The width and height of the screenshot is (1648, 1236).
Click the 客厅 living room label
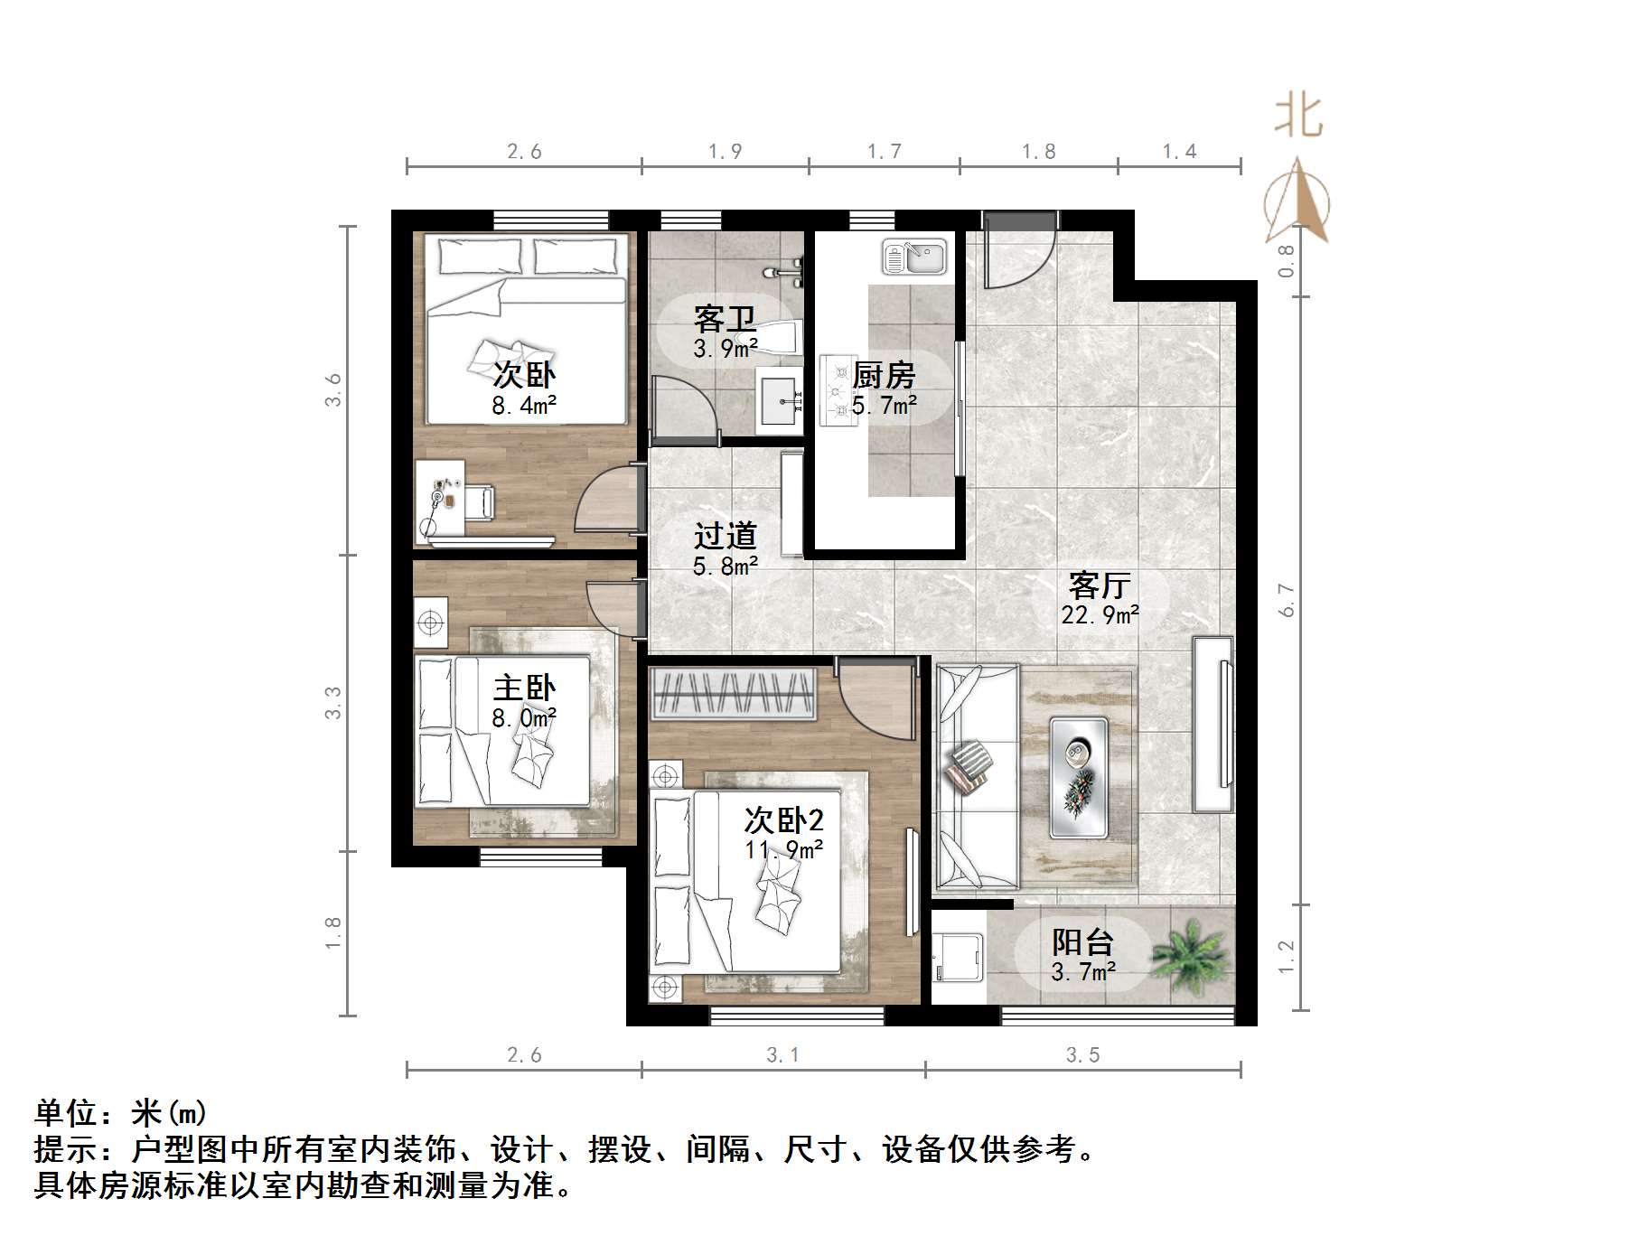tap(1099, 585)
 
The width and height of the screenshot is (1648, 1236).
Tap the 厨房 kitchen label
tap(884, 375)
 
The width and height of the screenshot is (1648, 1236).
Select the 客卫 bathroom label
tap(725, 319)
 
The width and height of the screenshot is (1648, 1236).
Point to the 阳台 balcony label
tap(1082, 942)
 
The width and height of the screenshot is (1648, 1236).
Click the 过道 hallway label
tap(725, 536)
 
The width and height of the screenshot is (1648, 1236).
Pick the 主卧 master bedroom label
tap(524, 688)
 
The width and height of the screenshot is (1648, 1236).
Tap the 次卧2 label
tap(783, 820)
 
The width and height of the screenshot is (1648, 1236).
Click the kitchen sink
tap(914, 257)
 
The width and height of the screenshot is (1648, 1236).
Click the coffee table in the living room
tap(1079, 776)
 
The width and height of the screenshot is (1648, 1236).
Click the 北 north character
tap(1298, 117)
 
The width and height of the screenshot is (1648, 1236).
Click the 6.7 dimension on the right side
tap(1287, 600)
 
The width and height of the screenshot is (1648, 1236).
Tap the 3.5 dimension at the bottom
tap(1082, 1054)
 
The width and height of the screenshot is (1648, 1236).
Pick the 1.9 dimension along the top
tap(725, 151)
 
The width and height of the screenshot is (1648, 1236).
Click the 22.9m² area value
tap(1100, 615)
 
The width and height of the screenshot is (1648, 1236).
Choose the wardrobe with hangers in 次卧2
tap(733, 695)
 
